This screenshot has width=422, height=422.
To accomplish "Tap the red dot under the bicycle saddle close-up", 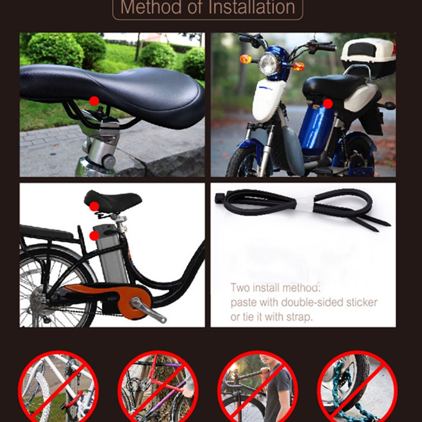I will click(95, 101).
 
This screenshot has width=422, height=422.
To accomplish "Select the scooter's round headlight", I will click(269, 64).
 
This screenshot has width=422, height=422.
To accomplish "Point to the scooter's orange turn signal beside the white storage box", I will click(299, 66).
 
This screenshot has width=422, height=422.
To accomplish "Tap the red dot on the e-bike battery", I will click(95, 235).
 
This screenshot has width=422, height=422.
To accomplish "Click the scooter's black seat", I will click(333, 86).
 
